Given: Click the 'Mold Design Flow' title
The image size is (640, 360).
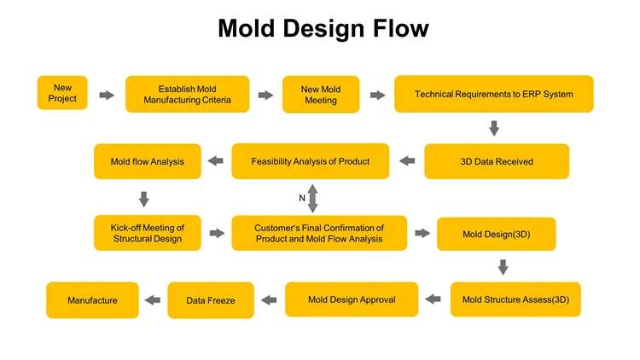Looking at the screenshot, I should [x=323, y=29].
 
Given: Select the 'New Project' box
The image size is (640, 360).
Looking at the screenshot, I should [x=62, y=93].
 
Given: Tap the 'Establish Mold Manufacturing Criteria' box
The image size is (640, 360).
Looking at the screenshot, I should [x=188, y=95].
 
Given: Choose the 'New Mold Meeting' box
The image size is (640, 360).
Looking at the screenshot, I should [x=321, y=95].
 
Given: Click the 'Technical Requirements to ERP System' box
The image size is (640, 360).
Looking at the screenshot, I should [x=493, y=94].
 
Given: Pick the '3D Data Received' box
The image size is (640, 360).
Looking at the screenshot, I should [x=496, y=161].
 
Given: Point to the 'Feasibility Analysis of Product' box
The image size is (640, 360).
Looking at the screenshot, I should [x=310, y=161].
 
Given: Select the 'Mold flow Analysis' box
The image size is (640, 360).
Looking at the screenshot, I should [x=147, y=161].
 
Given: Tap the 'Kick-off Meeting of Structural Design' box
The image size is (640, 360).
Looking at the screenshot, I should [x=148, y=233].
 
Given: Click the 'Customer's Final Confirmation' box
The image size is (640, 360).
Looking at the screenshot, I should [x=318, y=233].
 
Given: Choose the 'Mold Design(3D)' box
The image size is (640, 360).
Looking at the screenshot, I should [x=496, y=234].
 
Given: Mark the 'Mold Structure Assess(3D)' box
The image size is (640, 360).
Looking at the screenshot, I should [x=515, y=299].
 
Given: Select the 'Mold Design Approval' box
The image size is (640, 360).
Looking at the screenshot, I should [x=351, y=299].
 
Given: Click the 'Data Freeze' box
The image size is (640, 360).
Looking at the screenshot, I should [x=210, y=300].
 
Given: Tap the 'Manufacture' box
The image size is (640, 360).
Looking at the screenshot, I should [x=92, y=300].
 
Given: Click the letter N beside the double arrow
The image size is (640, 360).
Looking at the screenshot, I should [x=302, y=198].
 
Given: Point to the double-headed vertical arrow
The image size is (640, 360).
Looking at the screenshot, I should [x=312, y=198].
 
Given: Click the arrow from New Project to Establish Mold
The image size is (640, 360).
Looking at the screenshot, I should [x=107, y=95].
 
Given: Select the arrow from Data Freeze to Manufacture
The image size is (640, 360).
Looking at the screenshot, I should [x=153, y=299].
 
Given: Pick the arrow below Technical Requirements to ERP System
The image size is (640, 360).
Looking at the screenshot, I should [x=493, y=128].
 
